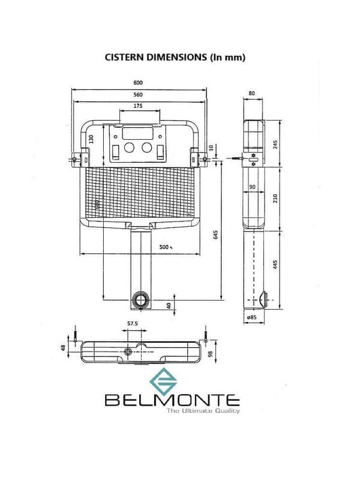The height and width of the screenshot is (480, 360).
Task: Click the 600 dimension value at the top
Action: pos(139,83)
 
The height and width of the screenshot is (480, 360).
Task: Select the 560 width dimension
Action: pos(139,95)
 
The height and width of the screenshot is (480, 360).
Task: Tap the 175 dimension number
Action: pos(139,106)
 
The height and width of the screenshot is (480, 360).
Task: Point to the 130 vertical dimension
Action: pos(92,138)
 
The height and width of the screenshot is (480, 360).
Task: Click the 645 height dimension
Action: pos(215,235)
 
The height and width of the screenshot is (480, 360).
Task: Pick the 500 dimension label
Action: pos(164,247)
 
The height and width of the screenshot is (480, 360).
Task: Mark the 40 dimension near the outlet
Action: pos(169,305)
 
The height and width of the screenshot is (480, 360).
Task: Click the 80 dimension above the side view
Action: pos(251,94)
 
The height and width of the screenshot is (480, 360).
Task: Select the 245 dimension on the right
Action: pos(275,145)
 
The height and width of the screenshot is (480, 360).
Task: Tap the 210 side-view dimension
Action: pos(275,199)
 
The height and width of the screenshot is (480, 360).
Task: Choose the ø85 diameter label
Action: pos(251,317)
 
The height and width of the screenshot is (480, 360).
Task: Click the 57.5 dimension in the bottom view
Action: pos(133,324)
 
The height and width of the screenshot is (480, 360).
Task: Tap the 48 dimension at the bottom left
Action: pos(63,348)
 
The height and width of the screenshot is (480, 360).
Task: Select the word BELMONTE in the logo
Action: pos(172,400)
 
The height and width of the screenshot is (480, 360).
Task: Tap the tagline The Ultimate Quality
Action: pos(203,411)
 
